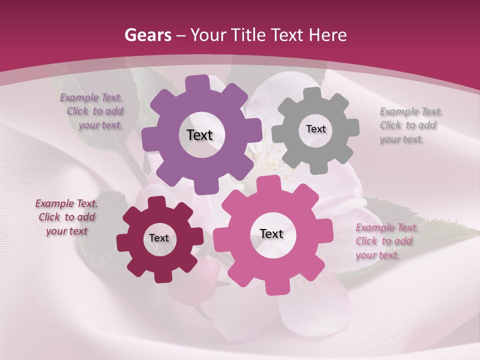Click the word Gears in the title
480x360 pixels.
coord(148,35)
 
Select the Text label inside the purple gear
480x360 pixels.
coord(199,135)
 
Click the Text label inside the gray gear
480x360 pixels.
coord(315,129)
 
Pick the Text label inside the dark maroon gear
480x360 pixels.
coord(159,238)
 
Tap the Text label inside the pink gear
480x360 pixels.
coord(271,234)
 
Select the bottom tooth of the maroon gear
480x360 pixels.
coord(161,276)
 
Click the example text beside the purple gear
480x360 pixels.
coord(92,111)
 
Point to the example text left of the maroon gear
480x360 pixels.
coord(66,217)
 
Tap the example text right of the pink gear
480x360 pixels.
coord(386,241)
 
